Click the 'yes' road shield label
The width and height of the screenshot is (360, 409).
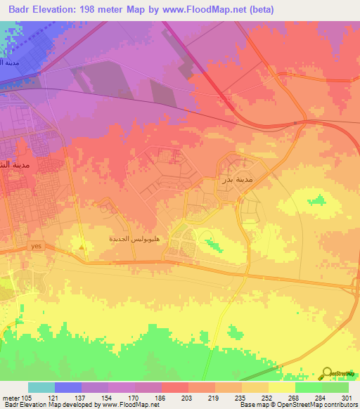tap(37, 246)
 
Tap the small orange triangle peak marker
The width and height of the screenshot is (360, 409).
tap(83, 246)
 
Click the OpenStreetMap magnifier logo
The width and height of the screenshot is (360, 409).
tap(328, 372)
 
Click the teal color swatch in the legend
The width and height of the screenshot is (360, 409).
tap(41, 387)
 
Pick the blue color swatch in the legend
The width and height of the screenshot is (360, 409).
tap(68, 387)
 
